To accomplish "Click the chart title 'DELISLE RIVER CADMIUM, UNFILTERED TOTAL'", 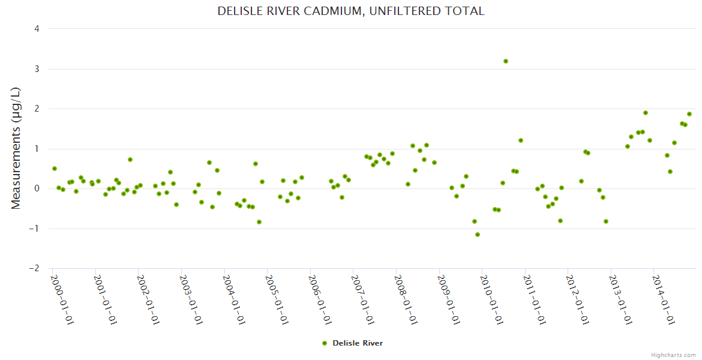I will (351, 11).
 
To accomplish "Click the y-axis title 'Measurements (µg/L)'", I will (16, 148).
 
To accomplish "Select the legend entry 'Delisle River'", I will (357, 343).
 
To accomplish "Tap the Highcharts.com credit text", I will (673, 355).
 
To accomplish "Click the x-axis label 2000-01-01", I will (62, 300).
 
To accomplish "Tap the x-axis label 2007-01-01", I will (363, 300).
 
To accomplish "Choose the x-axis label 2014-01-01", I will (664, 300).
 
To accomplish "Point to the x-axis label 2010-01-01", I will (492, 300).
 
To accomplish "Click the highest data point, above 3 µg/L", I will (506, 61).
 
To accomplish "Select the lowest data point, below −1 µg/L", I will (478, 235).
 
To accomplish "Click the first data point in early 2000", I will (55, 169).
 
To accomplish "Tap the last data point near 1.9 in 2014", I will (689, 114).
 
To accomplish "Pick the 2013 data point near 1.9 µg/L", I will (646, 113).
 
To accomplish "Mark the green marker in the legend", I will (325, 343).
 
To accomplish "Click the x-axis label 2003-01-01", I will (191, 300).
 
